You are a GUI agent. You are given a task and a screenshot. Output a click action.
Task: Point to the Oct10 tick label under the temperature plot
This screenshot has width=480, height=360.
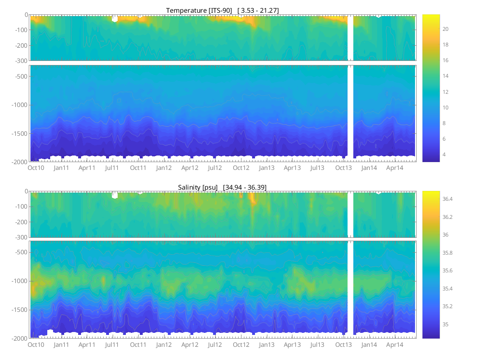36,168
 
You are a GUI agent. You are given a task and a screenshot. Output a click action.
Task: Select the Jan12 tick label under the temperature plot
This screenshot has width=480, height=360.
164,168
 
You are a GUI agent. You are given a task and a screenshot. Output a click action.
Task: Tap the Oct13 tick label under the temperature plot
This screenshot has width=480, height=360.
343,168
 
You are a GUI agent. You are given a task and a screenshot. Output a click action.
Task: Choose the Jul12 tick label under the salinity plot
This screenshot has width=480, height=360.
215,345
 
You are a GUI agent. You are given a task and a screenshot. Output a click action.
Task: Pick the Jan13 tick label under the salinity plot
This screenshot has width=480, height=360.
267,345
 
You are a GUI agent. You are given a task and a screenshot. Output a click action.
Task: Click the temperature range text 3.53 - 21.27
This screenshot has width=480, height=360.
258,10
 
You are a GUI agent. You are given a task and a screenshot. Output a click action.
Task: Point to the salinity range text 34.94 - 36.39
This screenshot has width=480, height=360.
245,187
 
